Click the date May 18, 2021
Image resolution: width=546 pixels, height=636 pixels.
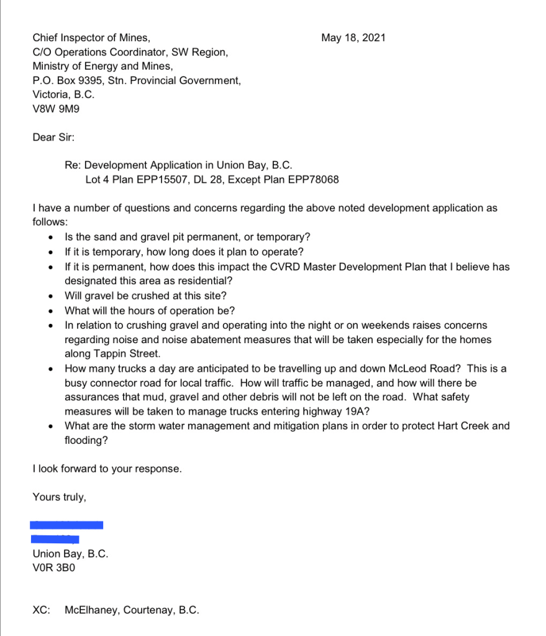[353, 38]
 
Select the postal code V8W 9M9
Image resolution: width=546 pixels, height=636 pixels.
[56, 109]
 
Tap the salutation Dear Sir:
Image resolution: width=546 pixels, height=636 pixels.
[53, 137]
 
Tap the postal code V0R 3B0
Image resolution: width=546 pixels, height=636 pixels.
[53, 568]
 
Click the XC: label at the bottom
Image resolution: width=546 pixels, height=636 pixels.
[41, 610]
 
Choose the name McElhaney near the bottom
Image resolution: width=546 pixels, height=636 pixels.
[91, 610]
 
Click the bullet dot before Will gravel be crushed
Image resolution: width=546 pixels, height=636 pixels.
[50, 297]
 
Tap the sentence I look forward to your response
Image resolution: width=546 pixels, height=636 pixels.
[107, 469]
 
